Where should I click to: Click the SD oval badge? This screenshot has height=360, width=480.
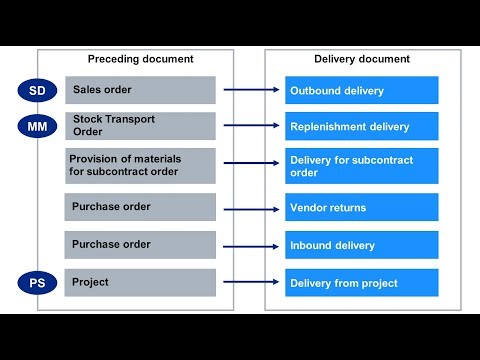[37, 91]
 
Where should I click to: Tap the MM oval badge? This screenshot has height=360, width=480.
[37, 126]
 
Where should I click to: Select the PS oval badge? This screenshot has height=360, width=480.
[37, 283]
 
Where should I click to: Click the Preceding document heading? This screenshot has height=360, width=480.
[139, 59]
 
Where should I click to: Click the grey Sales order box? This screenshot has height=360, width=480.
[140, 90]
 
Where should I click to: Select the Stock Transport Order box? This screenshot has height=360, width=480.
[140, 126]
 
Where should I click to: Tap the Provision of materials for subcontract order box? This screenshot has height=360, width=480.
[140, 165]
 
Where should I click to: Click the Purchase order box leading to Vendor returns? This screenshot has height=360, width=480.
[140, 208]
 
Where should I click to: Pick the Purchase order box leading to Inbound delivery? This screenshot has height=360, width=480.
[140, 245]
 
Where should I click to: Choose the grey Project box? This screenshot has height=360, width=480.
[140, 283]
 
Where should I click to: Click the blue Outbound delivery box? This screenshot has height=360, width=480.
[361, 91]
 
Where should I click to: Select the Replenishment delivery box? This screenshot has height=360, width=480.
[361, 127]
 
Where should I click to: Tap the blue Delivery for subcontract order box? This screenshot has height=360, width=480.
[361, 166]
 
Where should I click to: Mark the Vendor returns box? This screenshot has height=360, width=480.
[361, 208]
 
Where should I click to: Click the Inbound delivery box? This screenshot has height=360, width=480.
[361, 246]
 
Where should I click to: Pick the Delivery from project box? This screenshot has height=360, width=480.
[361, 283]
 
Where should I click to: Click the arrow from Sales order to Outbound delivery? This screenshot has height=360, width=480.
[250, 91]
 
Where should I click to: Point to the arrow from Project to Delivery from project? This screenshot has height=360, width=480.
[250, 283]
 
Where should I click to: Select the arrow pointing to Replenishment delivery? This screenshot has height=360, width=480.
[250, 127]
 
